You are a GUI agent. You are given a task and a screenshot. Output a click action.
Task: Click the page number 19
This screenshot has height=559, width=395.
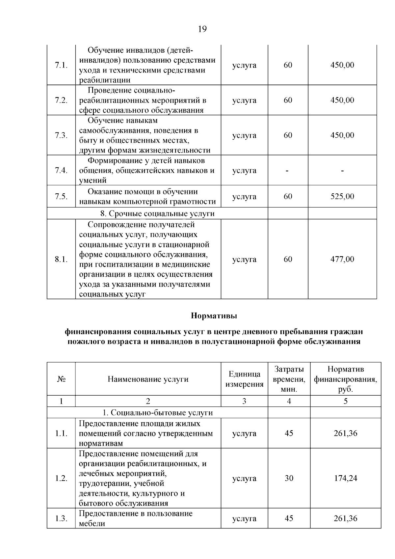202,29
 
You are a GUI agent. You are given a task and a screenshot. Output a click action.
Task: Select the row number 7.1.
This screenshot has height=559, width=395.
61,65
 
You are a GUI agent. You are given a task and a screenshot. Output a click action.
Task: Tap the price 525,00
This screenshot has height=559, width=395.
342,196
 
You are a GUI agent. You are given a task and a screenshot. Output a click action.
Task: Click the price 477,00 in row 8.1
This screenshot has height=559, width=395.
342,259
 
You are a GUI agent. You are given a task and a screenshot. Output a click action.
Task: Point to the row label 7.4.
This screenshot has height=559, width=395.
61,171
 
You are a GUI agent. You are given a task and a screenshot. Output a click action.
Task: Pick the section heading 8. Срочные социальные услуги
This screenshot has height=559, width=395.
157,213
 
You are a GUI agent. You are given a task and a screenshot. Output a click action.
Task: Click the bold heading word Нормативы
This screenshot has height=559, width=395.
214,316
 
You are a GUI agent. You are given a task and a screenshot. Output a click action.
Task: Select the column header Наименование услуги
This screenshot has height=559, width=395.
148,379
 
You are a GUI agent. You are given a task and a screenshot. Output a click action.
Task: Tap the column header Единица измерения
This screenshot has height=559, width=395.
244,379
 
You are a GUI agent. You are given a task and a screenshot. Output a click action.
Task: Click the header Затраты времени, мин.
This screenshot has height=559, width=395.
289,379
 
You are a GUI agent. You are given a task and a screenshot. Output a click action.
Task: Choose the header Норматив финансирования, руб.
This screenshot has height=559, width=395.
345,379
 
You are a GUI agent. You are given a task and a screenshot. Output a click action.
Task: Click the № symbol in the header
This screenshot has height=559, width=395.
61,379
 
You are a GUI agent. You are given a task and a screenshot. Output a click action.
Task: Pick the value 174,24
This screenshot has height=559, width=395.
345,478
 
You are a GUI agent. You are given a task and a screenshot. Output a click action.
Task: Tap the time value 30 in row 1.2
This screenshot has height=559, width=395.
289,478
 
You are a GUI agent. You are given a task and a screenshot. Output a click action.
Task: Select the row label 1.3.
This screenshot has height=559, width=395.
61,518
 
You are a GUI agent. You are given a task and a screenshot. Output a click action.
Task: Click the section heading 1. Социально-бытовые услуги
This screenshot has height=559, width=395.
157,413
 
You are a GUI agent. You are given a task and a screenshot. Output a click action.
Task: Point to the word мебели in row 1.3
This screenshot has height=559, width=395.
92,523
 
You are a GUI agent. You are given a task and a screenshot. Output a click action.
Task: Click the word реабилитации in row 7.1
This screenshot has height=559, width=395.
105,80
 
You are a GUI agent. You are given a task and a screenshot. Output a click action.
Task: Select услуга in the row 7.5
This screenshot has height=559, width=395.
244,197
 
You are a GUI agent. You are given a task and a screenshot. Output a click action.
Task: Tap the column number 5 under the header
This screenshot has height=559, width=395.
345,401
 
